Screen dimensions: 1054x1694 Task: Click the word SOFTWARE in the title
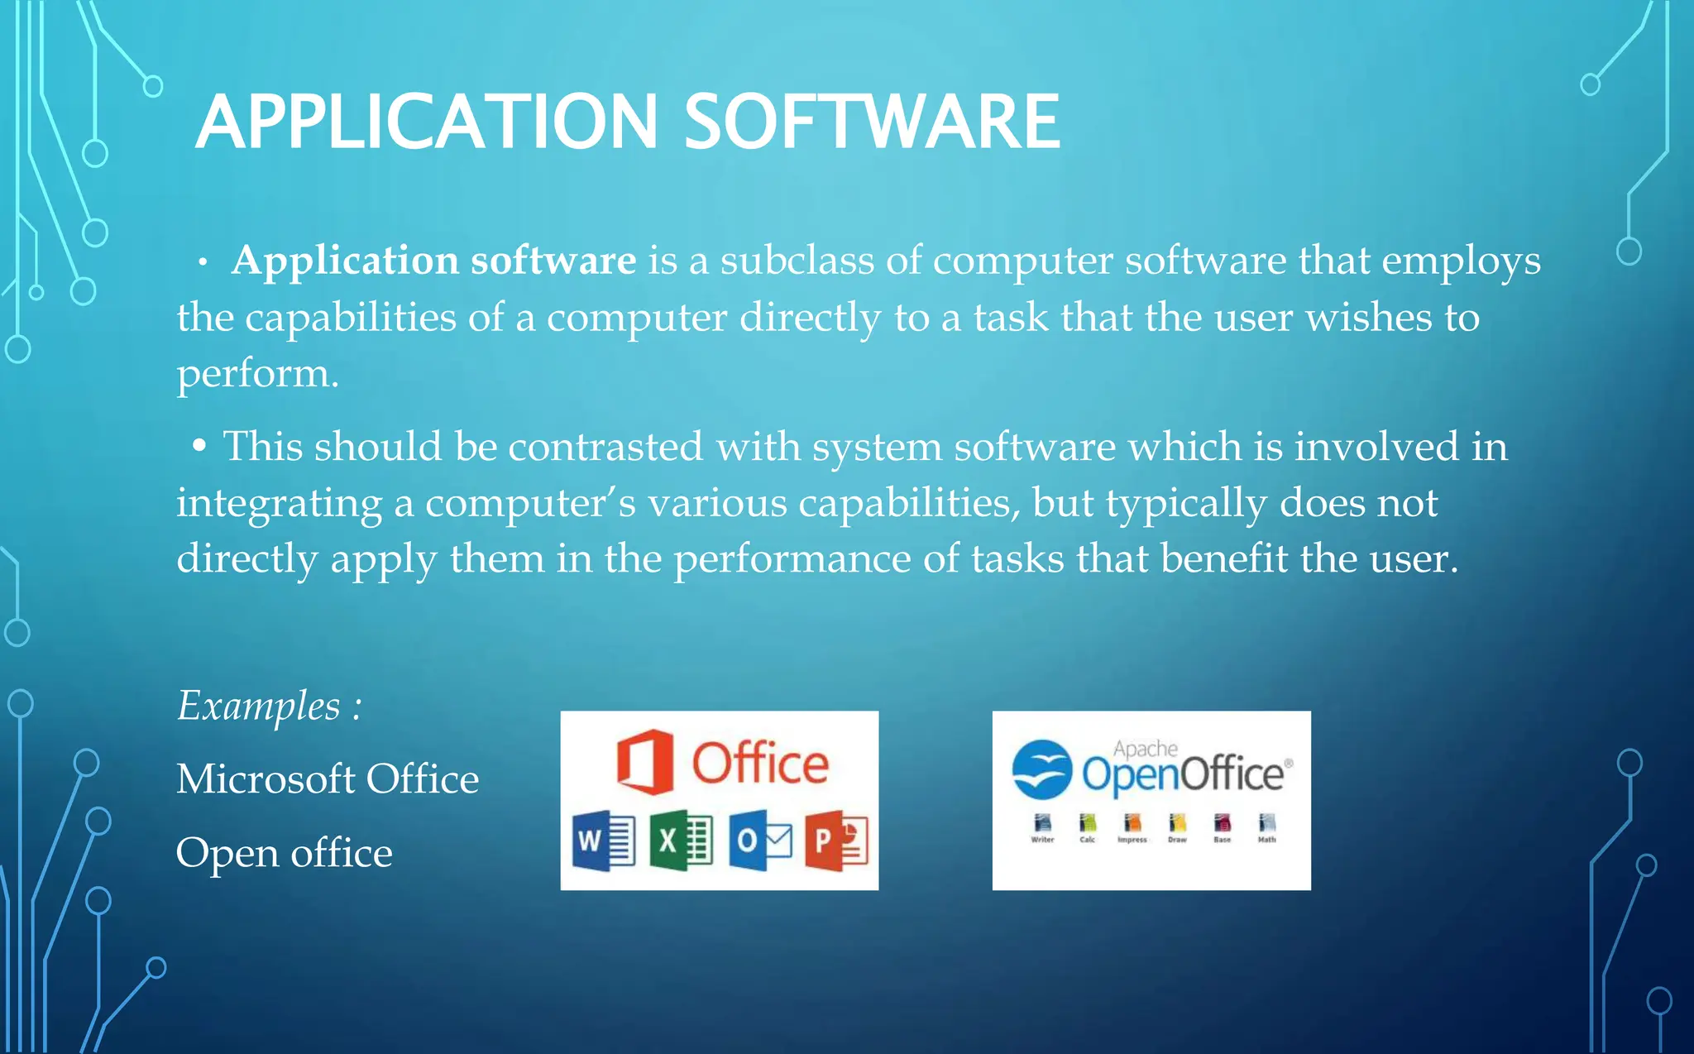coord(872,122)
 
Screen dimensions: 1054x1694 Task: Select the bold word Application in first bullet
coord(345,261)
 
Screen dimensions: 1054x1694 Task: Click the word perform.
coord(257,375)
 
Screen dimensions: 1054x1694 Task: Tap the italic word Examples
coord(259,707)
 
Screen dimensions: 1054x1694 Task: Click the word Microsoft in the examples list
coord(266,779)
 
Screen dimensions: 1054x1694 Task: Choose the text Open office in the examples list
coord(284,853)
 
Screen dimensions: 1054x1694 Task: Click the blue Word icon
coord(603,841)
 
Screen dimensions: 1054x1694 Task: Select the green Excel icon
coord(681,841)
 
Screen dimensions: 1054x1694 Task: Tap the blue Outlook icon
coord(759,841)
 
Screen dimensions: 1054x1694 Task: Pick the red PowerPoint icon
coord(836,841)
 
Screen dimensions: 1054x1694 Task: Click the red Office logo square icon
coord(644,762)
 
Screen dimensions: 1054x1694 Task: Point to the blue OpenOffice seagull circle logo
coord(1041,769)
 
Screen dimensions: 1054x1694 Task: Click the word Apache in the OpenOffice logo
coord(1145,749)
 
